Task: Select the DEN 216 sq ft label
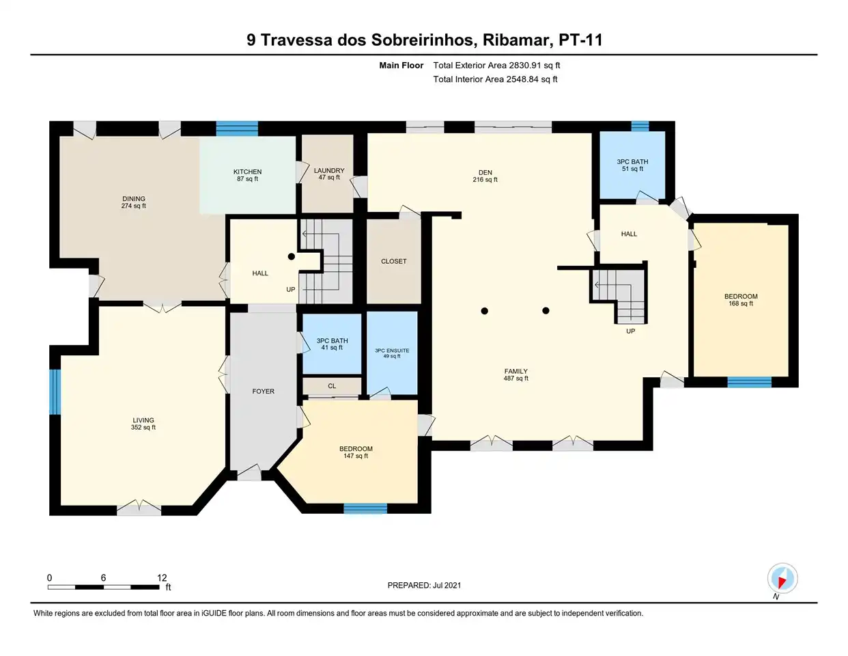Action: pos(485,176)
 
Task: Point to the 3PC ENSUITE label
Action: pos(392,353)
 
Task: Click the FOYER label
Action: pos(263,392)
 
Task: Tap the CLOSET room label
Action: pos(394,261)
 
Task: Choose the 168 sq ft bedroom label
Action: pos(741,300)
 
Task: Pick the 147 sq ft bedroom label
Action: pos(356,452)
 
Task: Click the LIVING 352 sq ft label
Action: pos(143,424)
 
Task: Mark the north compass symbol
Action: pos(782,579)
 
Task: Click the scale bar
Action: pos(103,587)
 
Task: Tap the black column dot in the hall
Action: pos(291,256)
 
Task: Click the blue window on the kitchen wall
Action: pos(237,128)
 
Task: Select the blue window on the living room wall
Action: pos(55,392)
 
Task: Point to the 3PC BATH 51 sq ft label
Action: pos(632,165)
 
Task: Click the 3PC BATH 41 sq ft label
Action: pos(332,344)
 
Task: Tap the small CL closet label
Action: pos(332,386)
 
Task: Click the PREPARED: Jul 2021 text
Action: pos(424,586)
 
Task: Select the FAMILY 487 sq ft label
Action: pos(516,375)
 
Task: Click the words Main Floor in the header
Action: pos(401,66)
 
